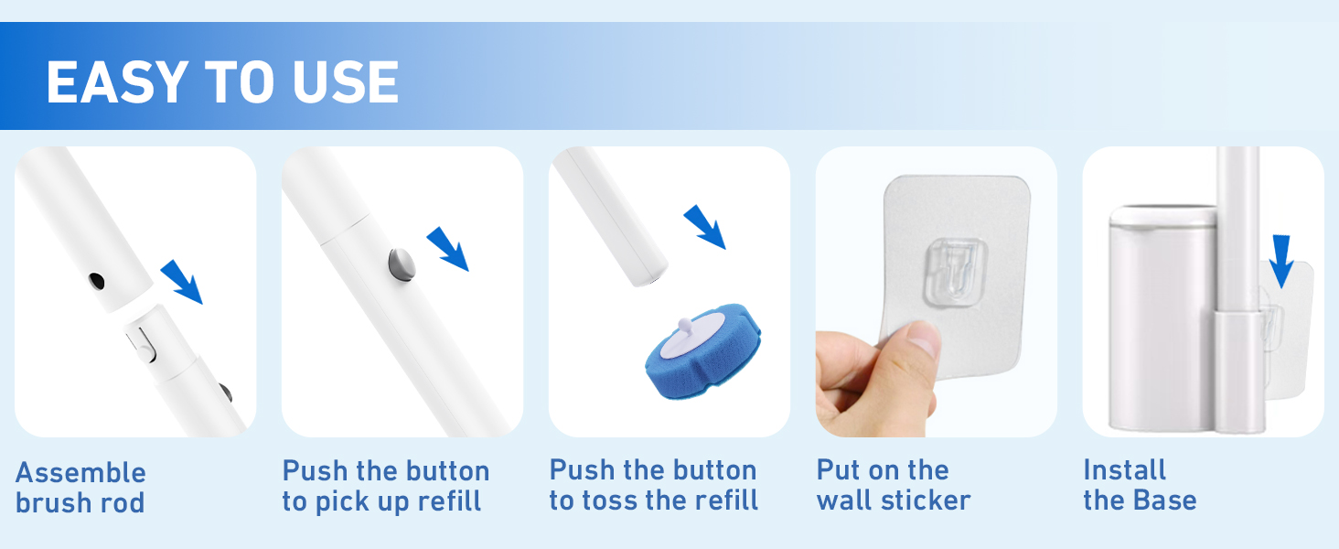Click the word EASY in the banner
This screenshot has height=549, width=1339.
click(118, 82)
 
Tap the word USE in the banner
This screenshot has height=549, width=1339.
click(346, 82)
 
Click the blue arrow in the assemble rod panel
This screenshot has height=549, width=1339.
click(182, 282)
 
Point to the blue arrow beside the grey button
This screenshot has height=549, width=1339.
click(448, 249)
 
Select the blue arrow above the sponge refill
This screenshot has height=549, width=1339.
click(705, 227)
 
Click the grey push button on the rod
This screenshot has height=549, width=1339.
click(402, 264)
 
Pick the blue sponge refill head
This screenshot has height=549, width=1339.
click(703, 351)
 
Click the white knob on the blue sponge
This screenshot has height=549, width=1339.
click(684, 328)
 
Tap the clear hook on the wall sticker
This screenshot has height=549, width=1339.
click(956, 273)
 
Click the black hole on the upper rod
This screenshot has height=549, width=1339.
click(96, 281)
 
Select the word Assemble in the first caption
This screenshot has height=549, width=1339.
click(80, 472)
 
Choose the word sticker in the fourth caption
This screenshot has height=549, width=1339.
click(926, 501)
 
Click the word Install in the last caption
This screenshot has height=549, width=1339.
click(1124, 470)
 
